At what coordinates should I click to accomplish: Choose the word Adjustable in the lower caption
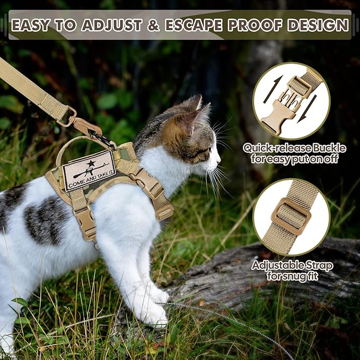click(x=277, y=264)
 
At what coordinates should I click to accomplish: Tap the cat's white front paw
click(x=154, y=315)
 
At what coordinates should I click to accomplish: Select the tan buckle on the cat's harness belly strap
click(x=86, y=220)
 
